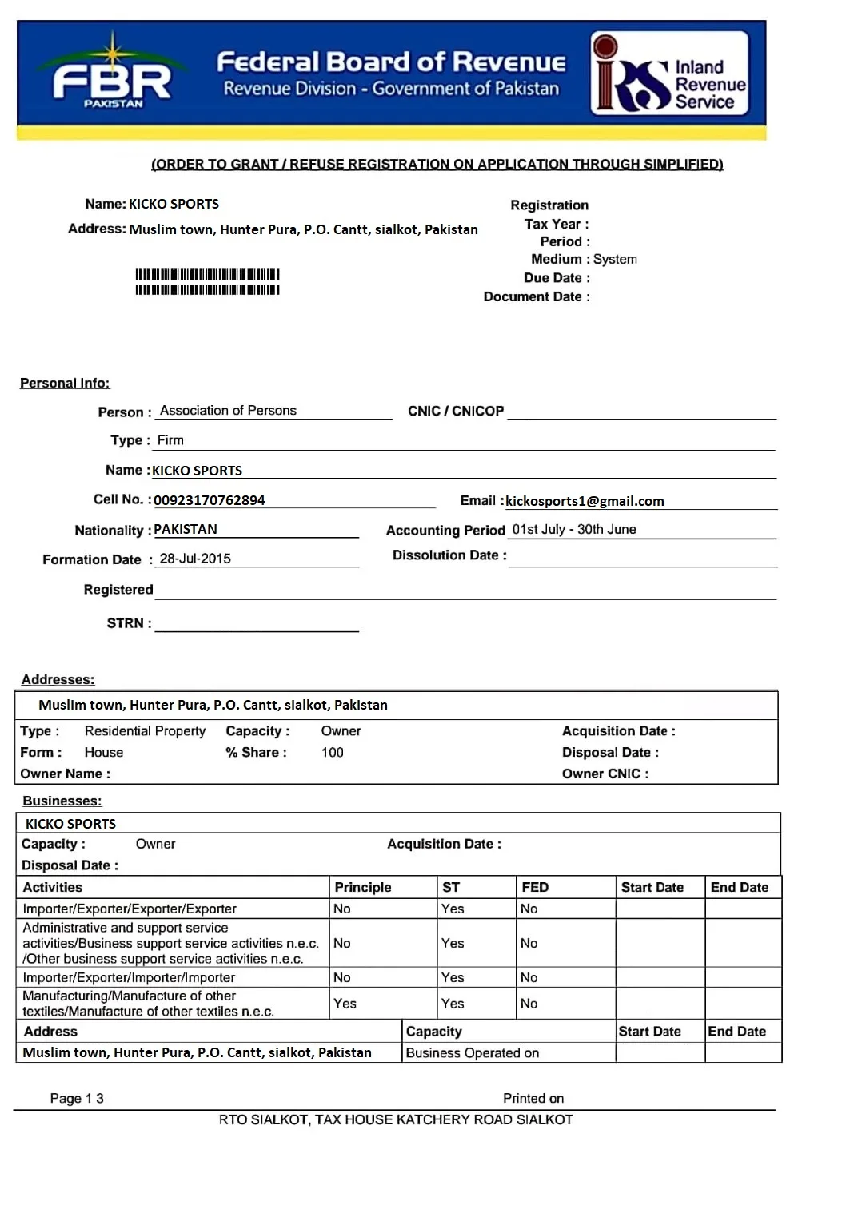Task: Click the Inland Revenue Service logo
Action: click(x=669, y=74)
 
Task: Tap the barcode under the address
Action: click(x=207, y=282)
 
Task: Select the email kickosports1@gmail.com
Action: click(x=585, y=501)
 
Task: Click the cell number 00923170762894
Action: click(x=210, y=500)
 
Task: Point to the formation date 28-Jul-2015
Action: click(x=195, y=559)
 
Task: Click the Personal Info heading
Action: click(x=65, y=383)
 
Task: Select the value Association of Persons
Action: click(x=228, y=411)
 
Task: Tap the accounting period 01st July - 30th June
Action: click(x=574, y=529)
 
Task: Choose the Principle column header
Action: click(x=363, y=887)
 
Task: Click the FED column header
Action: click(x=535, y=887)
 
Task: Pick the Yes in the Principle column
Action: click(x=345, y=1004)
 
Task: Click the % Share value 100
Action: click(x=332, y=752)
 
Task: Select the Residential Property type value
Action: click(x=145, y=730)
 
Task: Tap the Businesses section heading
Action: click(x=62, y=801)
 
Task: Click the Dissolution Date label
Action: click(x=449, y=555)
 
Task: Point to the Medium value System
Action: click(x=615, y=259)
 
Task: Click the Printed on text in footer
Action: click(x=533, y=1098)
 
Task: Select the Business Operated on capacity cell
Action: click(x=473, y=1052)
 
